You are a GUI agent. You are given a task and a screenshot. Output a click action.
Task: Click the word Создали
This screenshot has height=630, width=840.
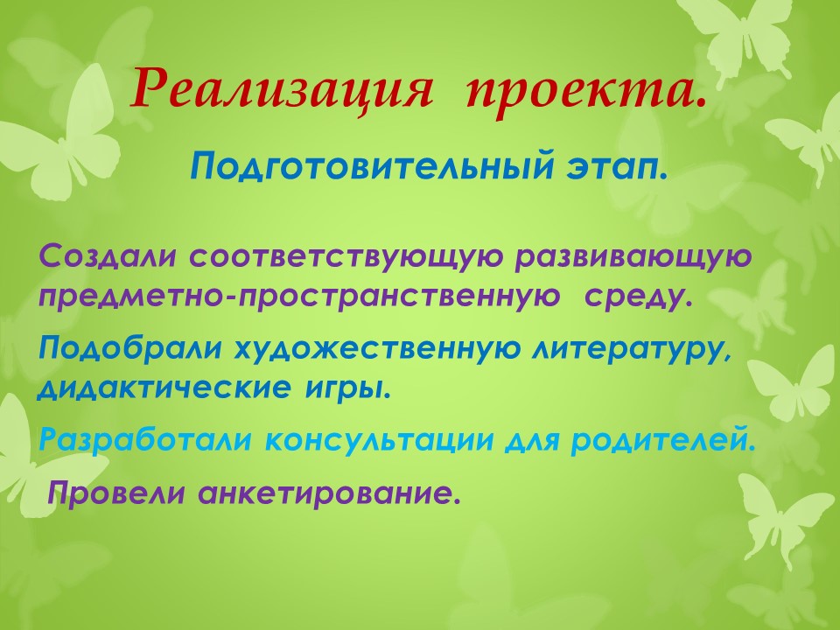coord(107,256)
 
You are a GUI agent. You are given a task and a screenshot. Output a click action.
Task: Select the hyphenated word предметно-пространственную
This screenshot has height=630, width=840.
coord(298,297)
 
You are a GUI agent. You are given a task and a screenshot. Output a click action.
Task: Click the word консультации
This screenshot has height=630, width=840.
coord(379,441)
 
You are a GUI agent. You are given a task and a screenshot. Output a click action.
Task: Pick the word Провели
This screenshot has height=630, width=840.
coord(115,492)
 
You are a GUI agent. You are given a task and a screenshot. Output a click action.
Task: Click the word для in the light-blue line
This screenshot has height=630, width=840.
coord(531,441)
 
